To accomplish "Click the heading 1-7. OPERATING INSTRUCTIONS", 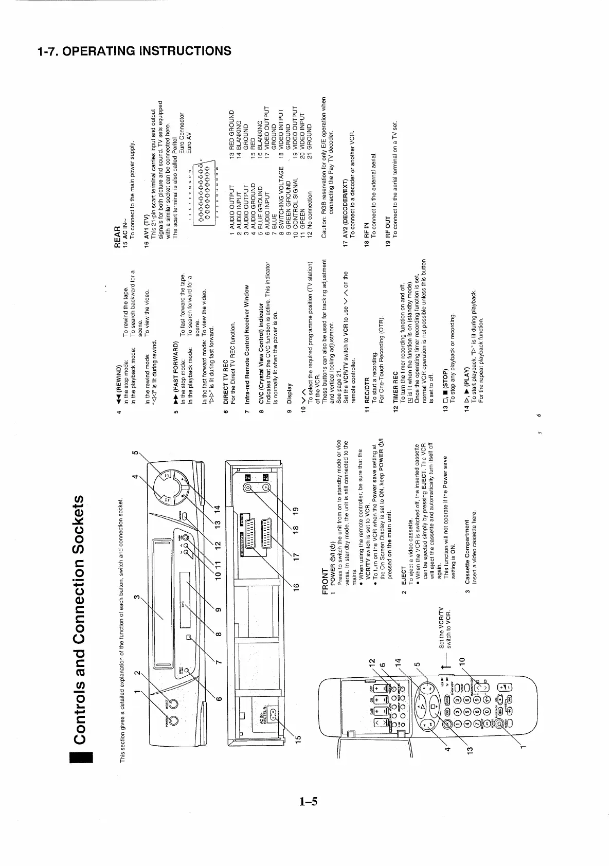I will (134, 51).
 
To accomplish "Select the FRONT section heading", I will (325, 581).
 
